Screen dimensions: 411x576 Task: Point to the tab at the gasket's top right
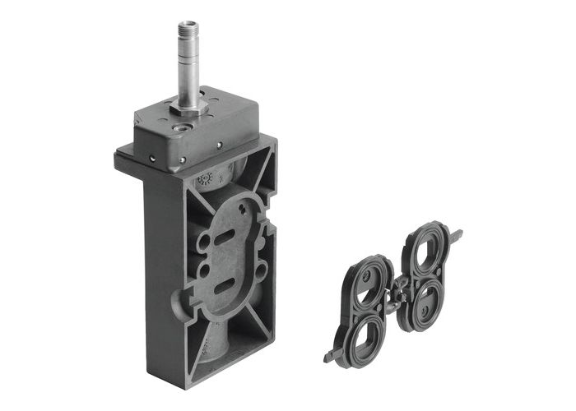click(x=454, y=236)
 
